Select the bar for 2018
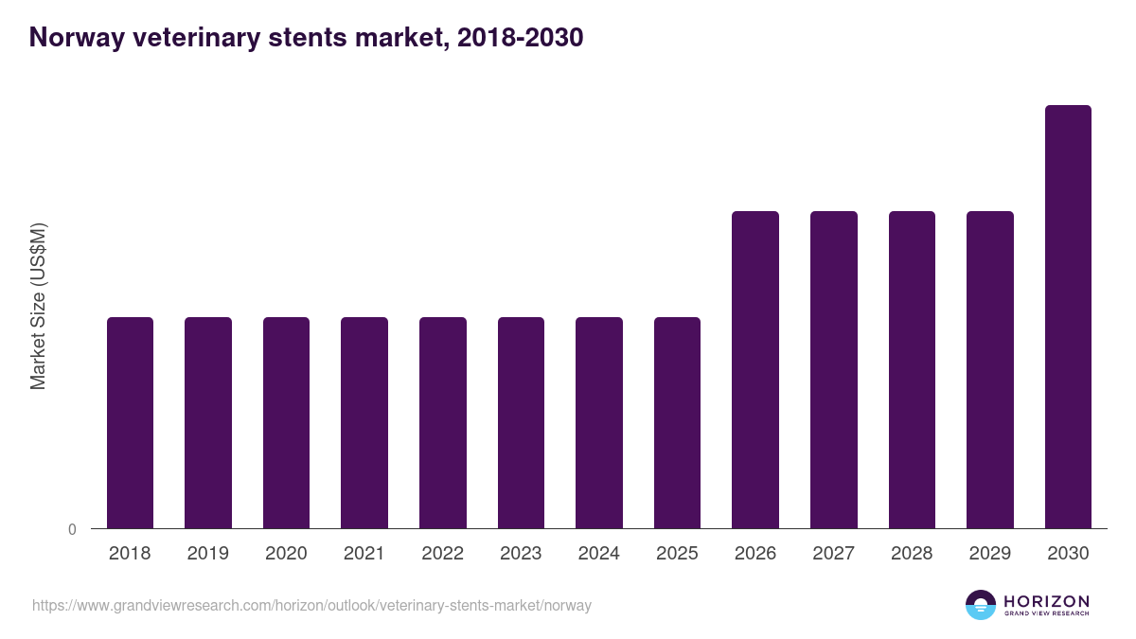coord(130,422)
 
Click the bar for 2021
coord(364,422)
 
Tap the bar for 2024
coord(599,422)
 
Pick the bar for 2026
coord(755,369)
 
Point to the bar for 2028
coord(912,369)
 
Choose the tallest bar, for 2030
coord(1068,316)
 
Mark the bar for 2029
coord(990,369)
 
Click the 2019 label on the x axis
coord(208,554)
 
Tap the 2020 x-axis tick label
coord(286,554)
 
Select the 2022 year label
coord(443,554)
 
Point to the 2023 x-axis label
coord(521,554)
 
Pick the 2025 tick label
coord(678,554)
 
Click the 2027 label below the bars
coord(834,554)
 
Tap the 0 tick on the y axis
coord(72,529)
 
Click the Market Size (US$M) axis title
coord(38,307)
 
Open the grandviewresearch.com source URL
coord(311,605)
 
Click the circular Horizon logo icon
coord(981,605)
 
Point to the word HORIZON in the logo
coord(1047,600)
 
